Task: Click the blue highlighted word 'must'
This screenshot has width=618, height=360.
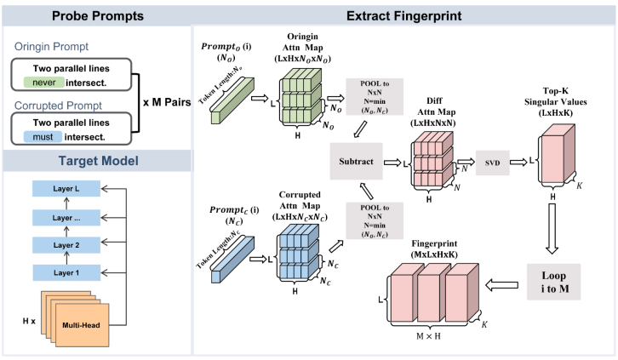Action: tap(44, 135)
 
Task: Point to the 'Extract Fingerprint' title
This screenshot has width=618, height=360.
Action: tap(404, 14)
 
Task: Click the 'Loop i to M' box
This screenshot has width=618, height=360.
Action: tap(553, 283)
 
